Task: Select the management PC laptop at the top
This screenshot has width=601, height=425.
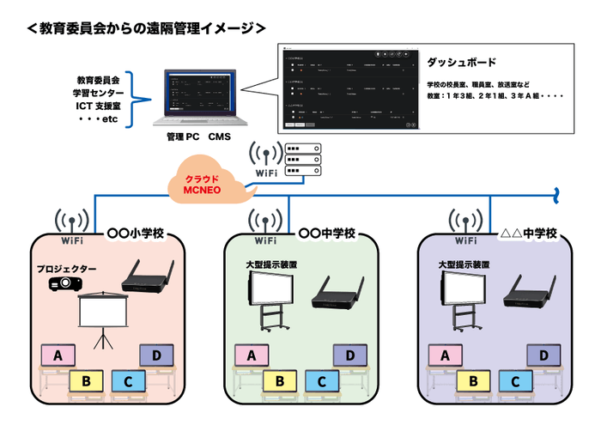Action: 197,99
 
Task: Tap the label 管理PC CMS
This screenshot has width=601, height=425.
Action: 198,137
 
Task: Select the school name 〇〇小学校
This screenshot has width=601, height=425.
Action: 140,233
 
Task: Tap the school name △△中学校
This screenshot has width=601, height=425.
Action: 528,233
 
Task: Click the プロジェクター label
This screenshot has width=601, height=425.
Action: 65,269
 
